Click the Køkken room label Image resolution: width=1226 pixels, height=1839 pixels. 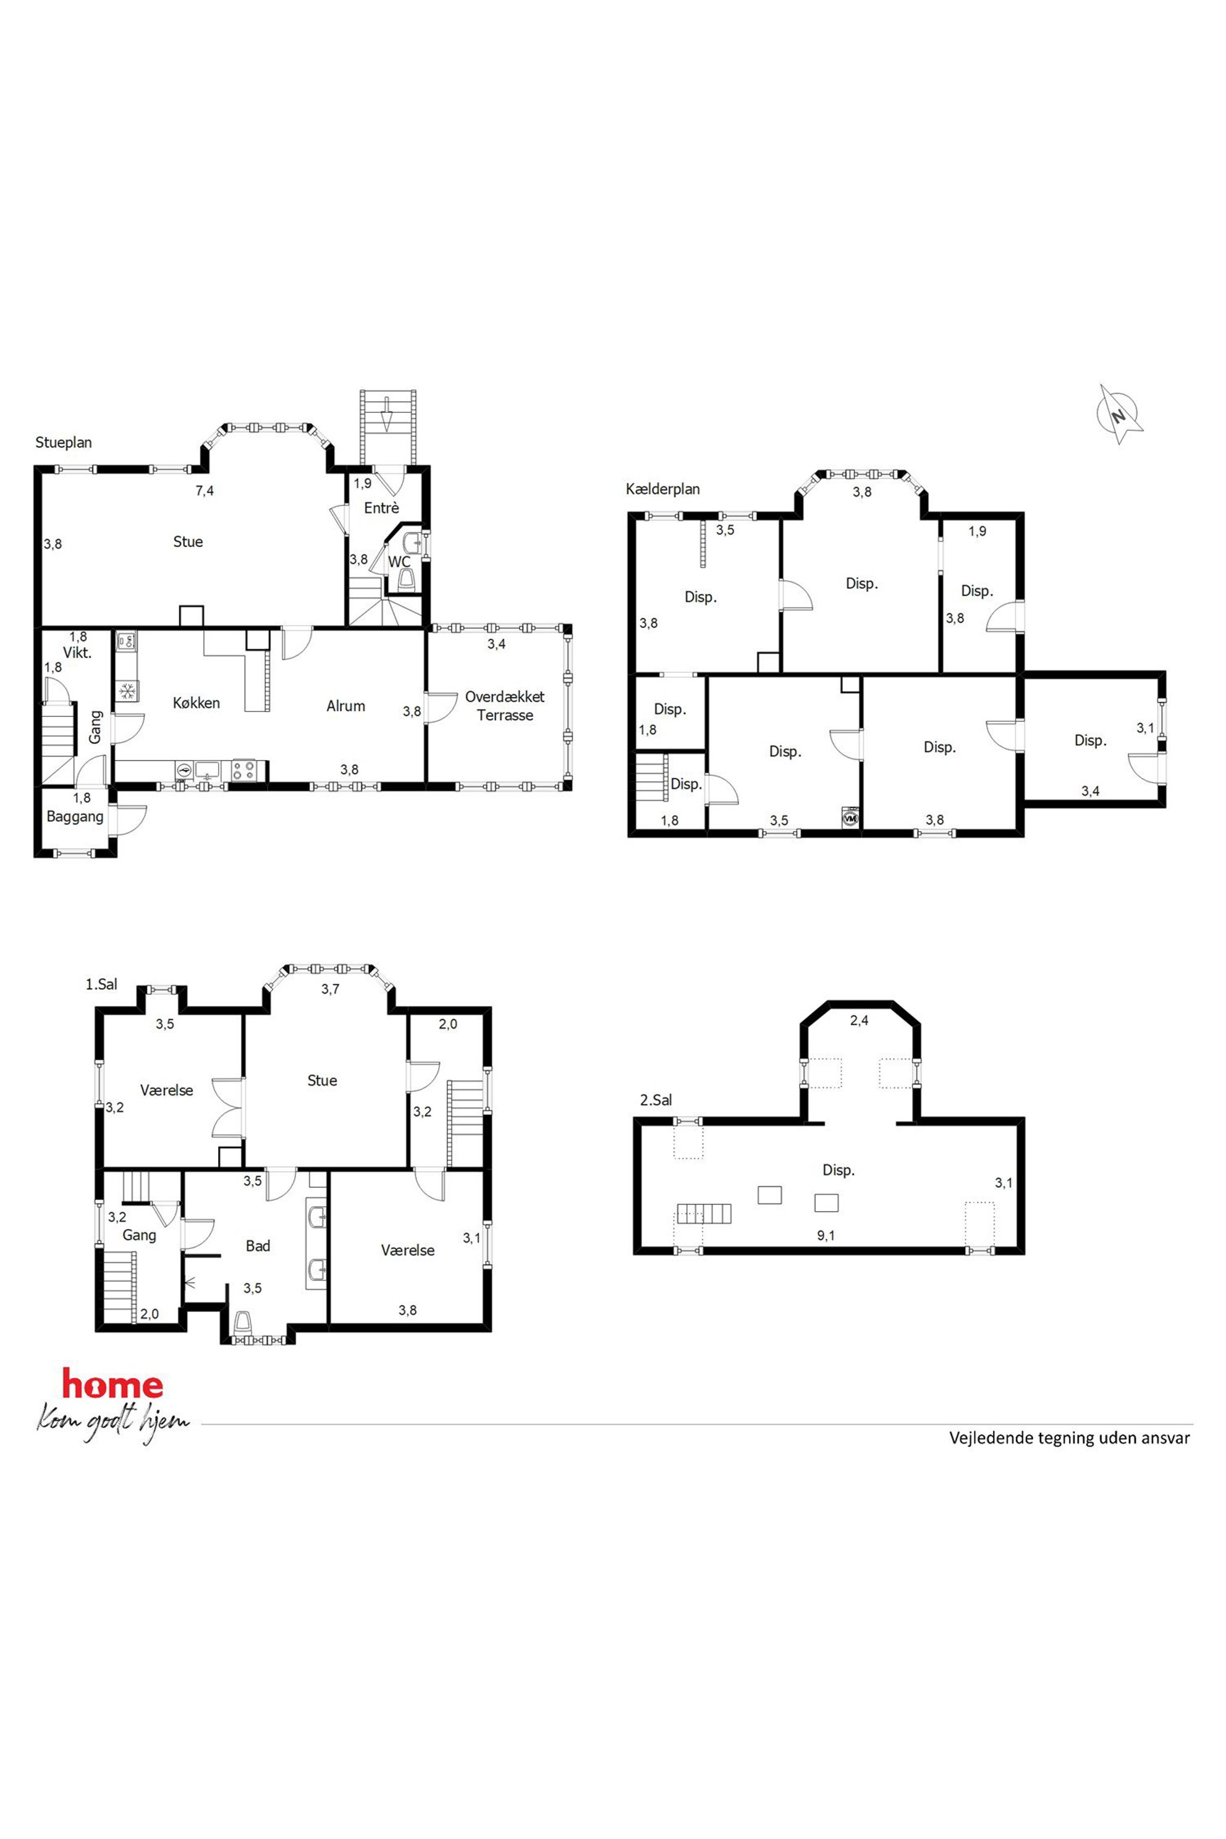(x=197, y=703)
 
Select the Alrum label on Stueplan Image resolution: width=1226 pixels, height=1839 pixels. (x=345, y=706)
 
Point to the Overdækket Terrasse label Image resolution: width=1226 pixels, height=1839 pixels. (x=505, y=706)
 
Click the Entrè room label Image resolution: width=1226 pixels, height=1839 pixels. (x=381, y=508)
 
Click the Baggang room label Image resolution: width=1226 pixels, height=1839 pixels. (x=75, y=817)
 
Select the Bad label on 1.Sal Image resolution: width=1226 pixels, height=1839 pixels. (x=258, y=1246)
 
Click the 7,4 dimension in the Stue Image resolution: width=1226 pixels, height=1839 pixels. (x=205, y=491)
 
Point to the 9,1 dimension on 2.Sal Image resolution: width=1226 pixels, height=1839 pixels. (x=826, y=1235)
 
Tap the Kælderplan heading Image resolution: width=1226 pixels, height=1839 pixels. (x=663, y=489)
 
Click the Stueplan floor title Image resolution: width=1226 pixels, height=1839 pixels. (x=63, y=442)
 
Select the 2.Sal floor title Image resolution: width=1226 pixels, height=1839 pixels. (x=656, y=1100)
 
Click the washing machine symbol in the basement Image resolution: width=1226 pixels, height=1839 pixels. (x=850, y=818)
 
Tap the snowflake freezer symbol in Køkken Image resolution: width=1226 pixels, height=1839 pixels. (x=127, y=691)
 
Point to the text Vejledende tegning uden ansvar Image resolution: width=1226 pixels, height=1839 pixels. (x=1070, y=1438)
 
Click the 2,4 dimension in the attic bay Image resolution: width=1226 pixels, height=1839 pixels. (x=860, y=1020)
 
